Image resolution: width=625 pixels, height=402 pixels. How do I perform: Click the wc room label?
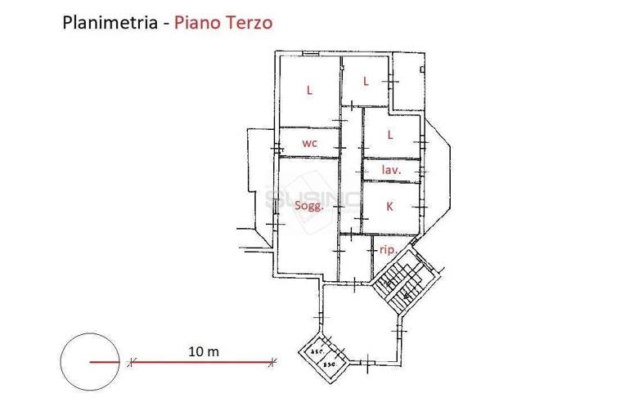click(x=309, y=143)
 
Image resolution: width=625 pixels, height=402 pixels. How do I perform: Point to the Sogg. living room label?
click(x=309, y=206)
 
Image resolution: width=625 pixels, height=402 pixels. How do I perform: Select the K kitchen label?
click(x=389, y=207)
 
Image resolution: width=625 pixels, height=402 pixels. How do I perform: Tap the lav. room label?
click(x=391, y=170)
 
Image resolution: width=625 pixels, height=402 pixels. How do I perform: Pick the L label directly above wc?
click(x=309, y=91)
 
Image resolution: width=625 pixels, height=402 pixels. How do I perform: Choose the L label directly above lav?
click(x=390, y=134)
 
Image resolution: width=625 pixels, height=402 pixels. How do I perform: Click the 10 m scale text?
click(x=203, y=351)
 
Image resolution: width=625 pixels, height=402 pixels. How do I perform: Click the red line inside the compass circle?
click(x=104, y=362)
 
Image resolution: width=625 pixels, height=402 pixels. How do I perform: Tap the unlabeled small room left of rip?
click(x=356, y=257)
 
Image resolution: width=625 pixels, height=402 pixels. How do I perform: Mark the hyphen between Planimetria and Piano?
click(x=167, y=23)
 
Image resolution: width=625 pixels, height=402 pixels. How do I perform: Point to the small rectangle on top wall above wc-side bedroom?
click(x=310, y=53)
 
